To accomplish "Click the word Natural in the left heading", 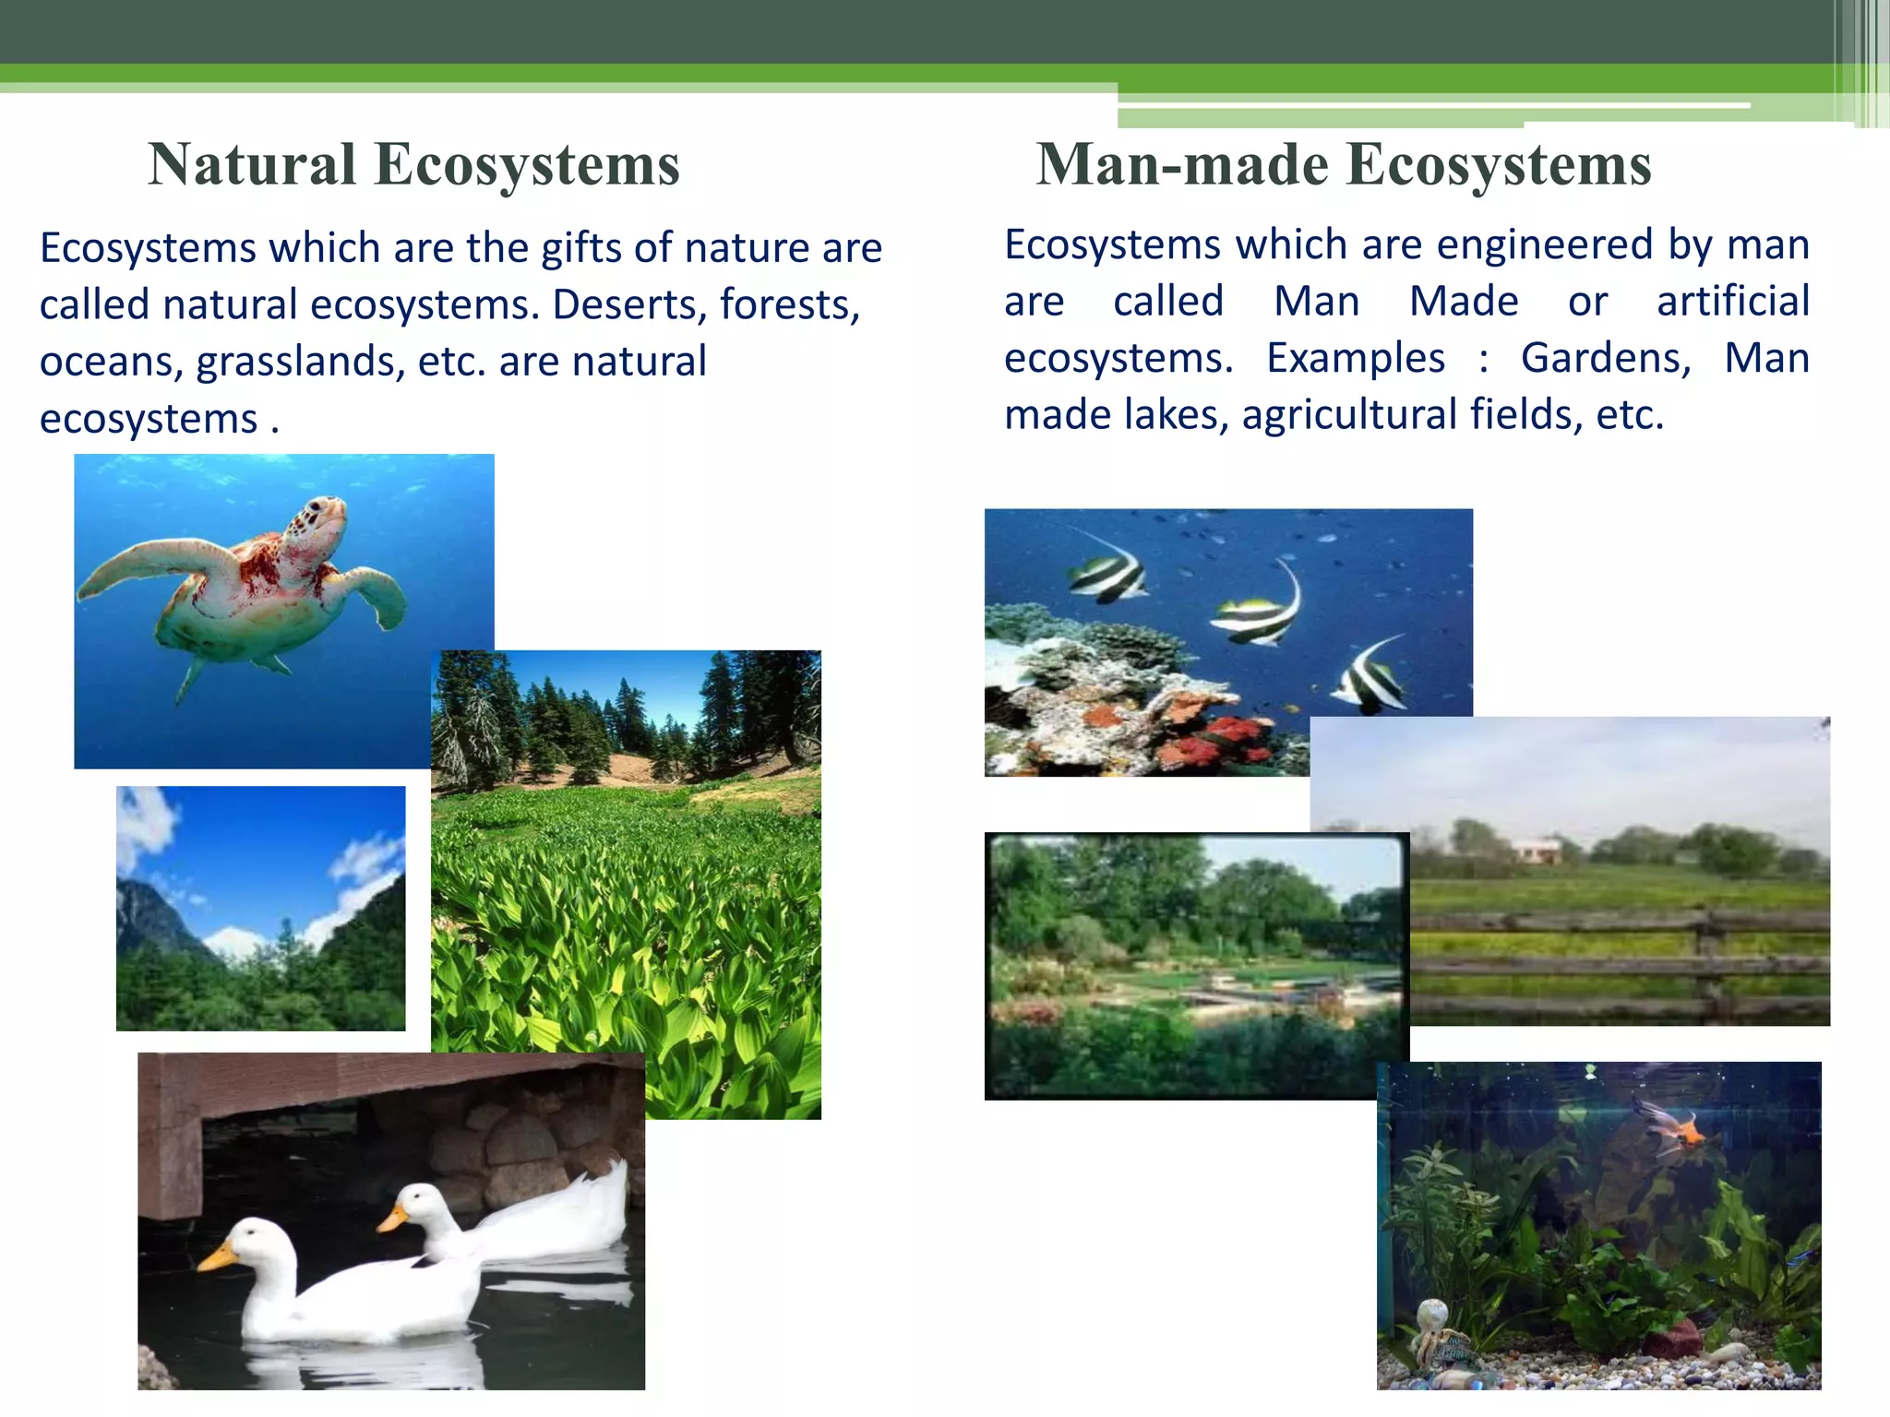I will (251, 165).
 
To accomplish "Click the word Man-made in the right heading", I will (1181, 165).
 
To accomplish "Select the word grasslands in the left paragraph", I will (300, 362).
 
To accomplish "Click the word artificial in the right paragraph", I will (1732, 302).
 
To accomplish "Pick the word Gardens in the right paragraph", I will (1605, 358).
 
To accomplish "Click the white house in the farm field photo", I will (1537, 850).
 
